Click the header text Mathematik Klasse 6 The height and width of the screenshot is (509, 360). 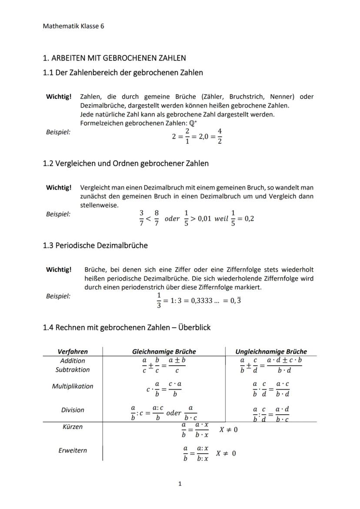(x=73, y=26)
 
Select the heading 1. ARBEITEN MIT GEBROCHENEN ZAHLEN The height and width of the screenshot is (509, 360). (x=114, y=58)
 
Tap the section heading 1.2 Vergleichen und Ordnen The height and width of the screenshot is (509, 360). (x=126, y=163)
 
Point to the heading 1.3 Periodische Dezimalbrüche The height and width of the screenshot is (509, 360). (x=95, y=245)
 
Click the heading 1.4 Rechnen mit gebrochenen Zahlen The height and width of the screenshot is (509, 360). (x=127, y=327)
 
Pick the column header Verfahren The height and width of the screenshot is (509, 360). (x=73, y=352)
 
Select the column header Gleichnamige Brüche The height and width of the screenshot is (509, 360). (x=164, y=352)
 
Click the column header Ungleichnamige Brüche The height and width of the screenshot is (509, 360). (x=271, y=352)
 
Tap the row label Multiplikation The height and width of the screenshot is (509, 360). (x=73, y=386)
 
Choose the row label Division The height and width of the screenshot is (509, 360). (x=73, y=410)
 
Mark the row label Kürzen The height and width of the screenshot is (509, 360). (x=73, y=427)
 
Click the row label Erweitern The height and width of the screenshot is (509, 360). (x=73, y=450)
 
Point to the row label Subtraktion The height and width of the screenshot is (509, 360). (x=73, y=369)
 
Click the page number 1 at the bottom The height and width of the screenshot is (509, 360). (x=180, y=483)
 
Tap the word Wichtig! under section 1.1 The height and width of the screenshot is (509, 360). (x=59, y=96)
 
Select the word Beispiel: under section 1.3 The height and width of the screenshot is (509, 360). (x=58, y=296)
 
